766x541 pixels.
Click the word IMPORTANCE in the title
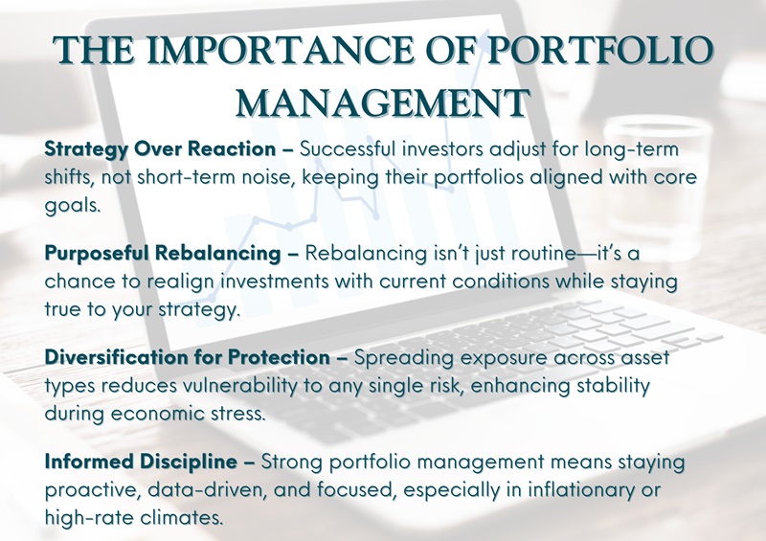tap(282, 51)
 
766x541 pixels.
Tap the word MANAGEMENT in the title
tap(382, 103)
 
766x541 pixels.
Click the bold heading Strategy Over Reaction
tap(160, 149)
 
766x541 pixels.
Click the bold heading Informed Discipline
tap(141, 462)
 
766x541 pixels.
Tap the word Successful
tap(347, 148)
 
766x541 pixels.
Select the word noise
tap(265, 177)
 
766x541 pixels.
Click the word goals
tap(73, 205)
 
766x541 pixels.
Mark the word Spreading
tap(403, 358)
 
